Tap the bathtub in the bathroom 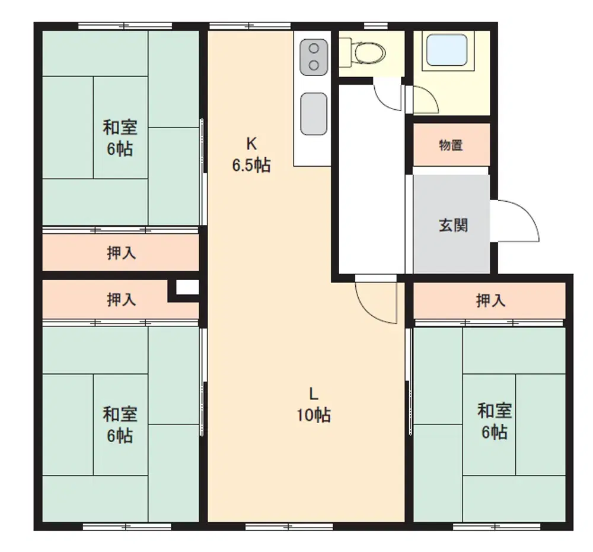(447, 50)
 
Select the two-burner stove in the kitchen (314, 57)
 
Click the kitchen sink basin (314, 113)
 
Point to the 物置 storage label (451, 145)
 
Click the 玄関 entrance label (453, 226)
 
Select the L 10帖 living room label (314, 405)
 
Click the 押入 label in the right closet (490, 300)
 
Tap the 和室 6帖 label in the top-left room (120, 138)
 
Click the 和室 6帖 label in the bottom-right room (495, 421)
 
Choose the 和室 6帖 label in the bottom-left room (120, 425)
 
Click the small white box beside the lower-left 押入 (187, 287)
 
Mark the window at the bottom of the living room (289, 526)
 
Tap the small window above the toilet (375, 26)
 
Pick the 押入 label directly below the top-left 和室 (121, 253)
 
